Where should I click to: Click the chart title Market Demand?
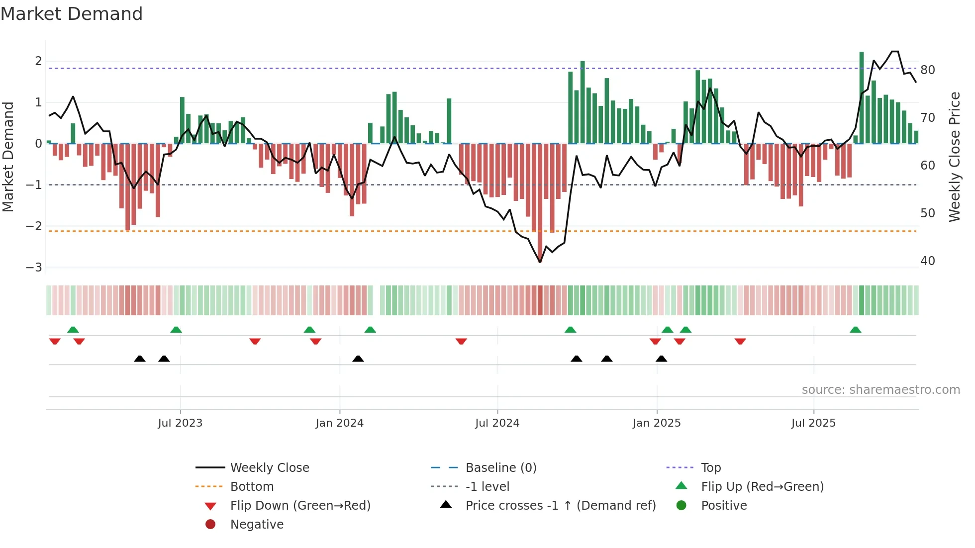coord(72,14)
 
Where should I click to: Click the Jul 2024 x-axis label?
coord(497,423)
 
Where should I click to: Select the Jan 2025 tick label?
coord(656,423)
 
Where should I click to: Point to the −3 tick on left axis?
coord(34,268)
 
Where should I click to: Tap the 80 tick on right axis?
coord(927,70)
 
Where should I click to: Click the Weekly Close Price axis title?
coord(954,157)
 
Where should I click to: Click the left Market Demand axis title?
coord(8,157)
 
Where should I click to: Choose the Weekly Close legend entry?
coord(269,468)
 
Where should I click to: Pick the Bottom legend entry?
coord(252,487)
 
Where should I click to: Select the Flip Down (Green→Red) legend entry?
coord(300,506)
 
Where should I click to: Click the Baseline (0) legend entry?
coord(500,468)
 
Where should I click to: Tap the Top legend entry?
coord(710,468)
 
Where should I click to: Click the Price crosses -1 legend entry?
coord(560,506)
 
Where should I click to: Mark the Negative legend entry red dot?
coord(210,525)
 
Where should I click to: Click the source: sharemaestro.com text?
coord(880,390)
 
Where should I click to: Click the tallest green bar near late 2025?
coord(862,97)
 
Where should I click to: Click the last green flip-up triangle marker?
coord(856,330)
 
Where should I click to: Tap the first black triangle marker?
coord(140,359)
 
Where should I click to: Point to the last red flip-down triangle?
coord(740,341)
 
